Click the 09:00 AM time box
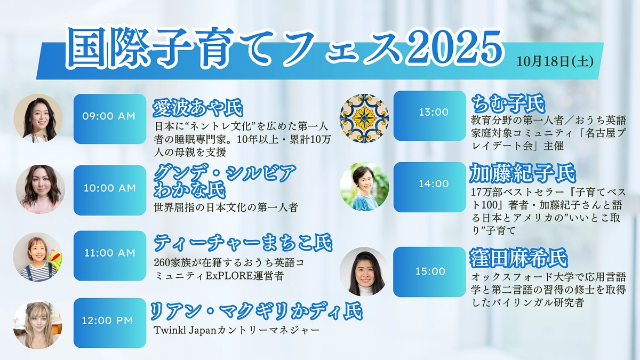(109, 116)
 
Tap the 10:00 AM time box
(109, 188)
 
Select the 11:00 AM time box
(109, 253)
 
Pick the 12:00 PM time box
(109, 321)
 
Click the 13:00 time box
(429, 113)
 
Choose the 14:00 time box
(429, 183)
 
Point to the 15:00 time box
(429, 271)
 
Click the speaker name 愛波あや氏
(197, 108)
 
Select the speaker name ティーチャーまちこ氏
(243, 243)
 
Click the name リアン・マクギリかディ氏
(256, 310)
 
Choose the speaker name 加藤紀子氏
(523, 173)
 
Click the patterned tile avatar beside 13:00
(364, 118)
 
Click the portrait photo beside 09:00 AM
(38, 118)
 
